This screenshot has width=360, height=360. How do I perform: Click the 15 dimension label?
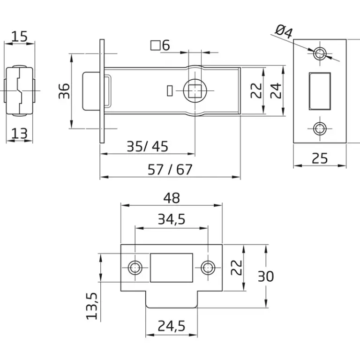click(x=19, y=36)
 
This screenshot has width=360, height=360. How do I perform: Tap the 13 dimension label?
click(x=19, y=134)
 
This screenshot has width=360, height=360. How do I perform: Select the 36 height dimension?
click(x=64, y=91)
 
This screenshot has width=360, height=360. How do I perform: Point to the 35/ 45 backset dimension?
click(x=147, y=146)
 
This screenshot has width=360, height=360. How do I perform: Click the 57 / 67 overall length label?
click(x=170, y=170)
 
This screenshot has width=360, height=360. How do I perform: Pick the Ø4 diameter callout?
click(x=284, y=32)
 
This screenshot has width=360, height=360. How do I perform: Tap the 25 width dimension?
click(x=320, y=158)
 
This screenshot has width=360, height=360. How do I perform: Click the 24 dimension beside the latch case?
click(x=276, y=91)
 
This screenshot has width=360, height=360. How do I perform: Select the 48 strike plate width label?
click(x=172, y=198)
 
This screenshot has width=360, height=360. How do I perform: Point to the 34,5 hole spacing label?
click(x=172, y=219)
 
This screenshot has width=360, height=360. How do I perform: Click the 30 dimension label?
click(x=266, y=276)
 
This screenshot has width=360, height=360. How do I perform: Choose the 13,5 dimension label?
click(x=92, y=306)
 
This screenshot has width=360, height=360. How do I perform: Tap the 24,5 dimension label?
click(x=172, y=326)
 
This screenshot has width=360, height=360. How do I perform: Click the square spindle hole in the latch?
click(x=195, y=91)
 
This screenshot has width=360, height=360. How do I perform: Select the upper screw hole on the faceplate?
click(x=320, y=53)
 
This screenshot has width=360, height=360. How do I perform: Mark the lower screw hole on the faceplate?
click(x=320, y=128)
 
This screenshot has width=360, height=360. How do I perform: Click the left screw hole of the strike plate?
click(x=135, y=268)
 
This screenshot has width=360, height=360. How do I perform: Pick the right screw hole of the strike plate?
click(x=208, y=268)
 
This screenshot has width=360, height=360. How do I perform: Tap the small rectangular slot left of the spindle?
click(x=170, y=90)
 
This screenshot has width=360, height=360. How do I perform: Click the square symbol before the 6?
click(x=155, y=45)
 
